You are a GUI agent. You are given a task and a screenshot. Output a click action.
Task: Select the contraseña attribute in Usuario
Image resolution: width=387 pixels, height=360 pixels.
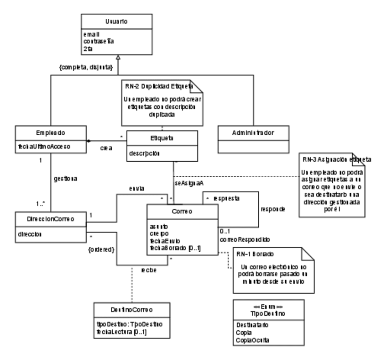pos(98,41)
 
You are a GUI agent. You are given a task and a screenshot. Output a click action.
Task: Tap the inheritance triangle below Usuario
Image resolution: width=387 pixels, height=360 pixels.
pos(117,60)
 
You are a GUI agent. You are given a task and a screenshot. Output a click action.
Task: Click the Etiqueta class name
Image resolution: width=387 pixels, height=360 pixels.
pos(162,137)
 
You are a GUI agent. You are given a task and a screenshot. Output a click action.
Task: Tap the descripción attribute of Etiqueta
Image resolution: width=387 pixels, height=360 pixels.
pos(145,154)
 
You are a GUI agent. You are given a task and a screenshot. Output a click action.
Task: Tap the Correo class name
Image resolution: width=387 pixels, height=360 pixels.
pos(182,212)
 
